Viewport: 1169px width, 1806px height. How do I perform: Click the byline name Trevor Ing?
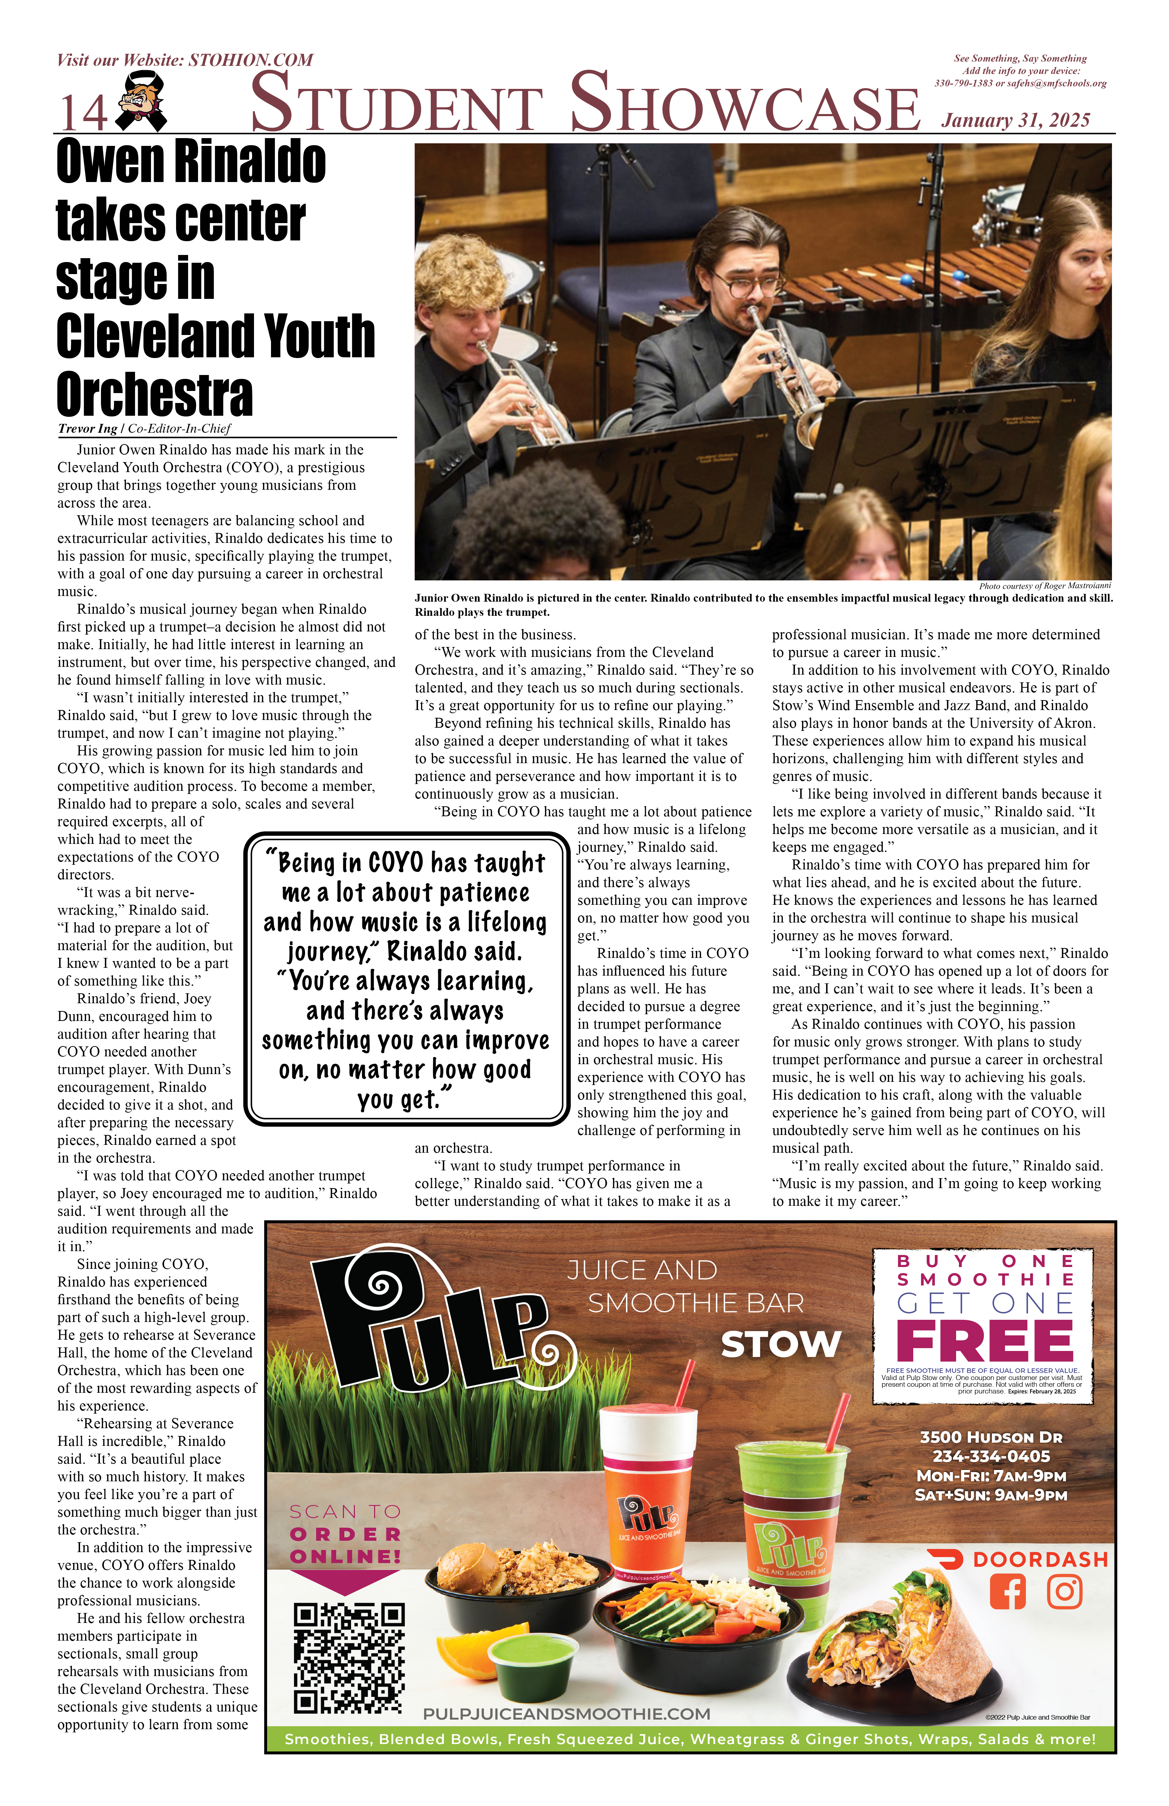pyautogui.click(x=87, y=429)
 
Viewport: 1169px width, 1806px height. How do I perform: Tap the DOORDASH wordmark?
pyautogui.click(x=1040, y=1560)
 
